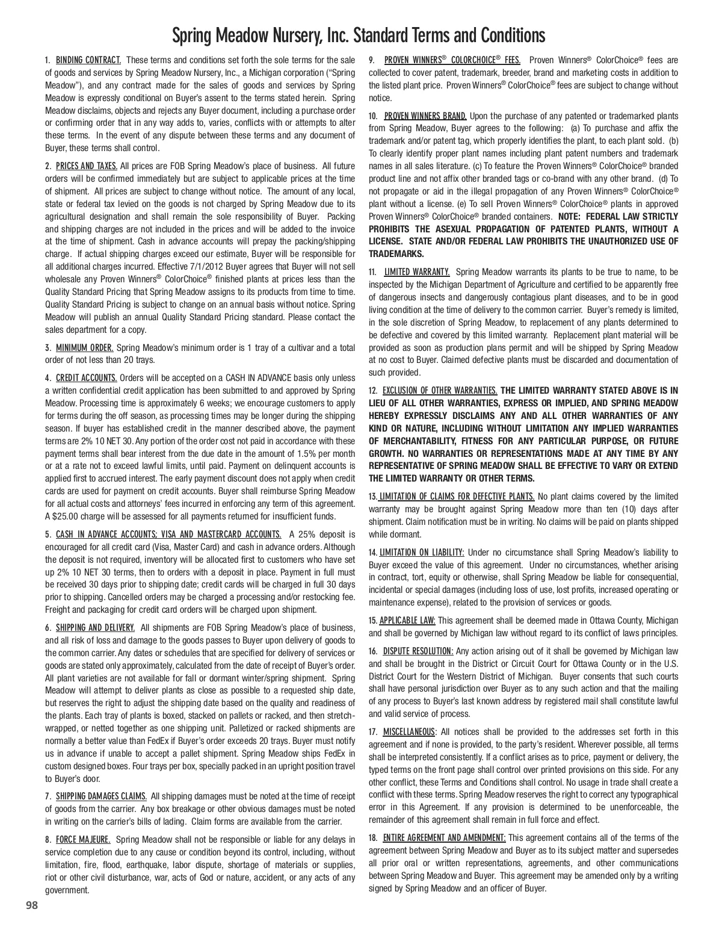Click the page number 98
pos(32,905)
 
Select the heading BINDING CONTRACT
pos(89,60)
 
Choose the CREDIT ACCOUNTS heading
pos(87,378)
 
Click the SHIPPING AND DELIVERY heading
pos(95,628)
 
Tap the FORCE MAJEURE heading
pos(83,839)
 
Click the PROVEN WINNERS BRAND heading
pos(425,116)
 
